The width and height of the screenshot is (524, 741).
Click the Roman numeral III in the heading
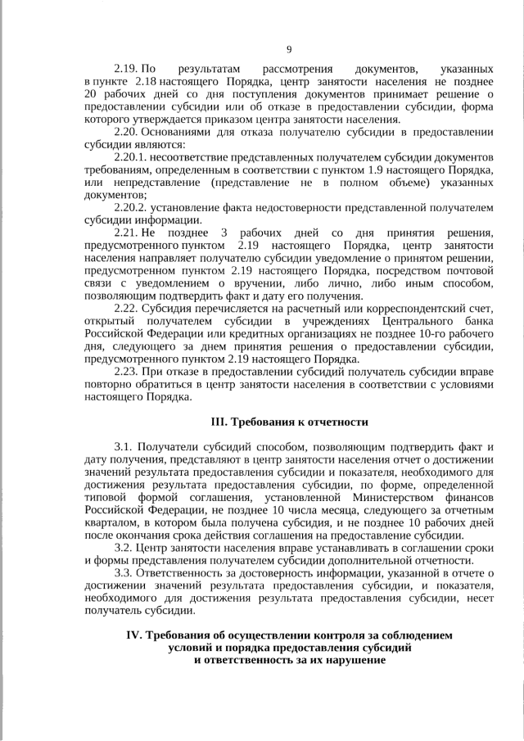point(218,422)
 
